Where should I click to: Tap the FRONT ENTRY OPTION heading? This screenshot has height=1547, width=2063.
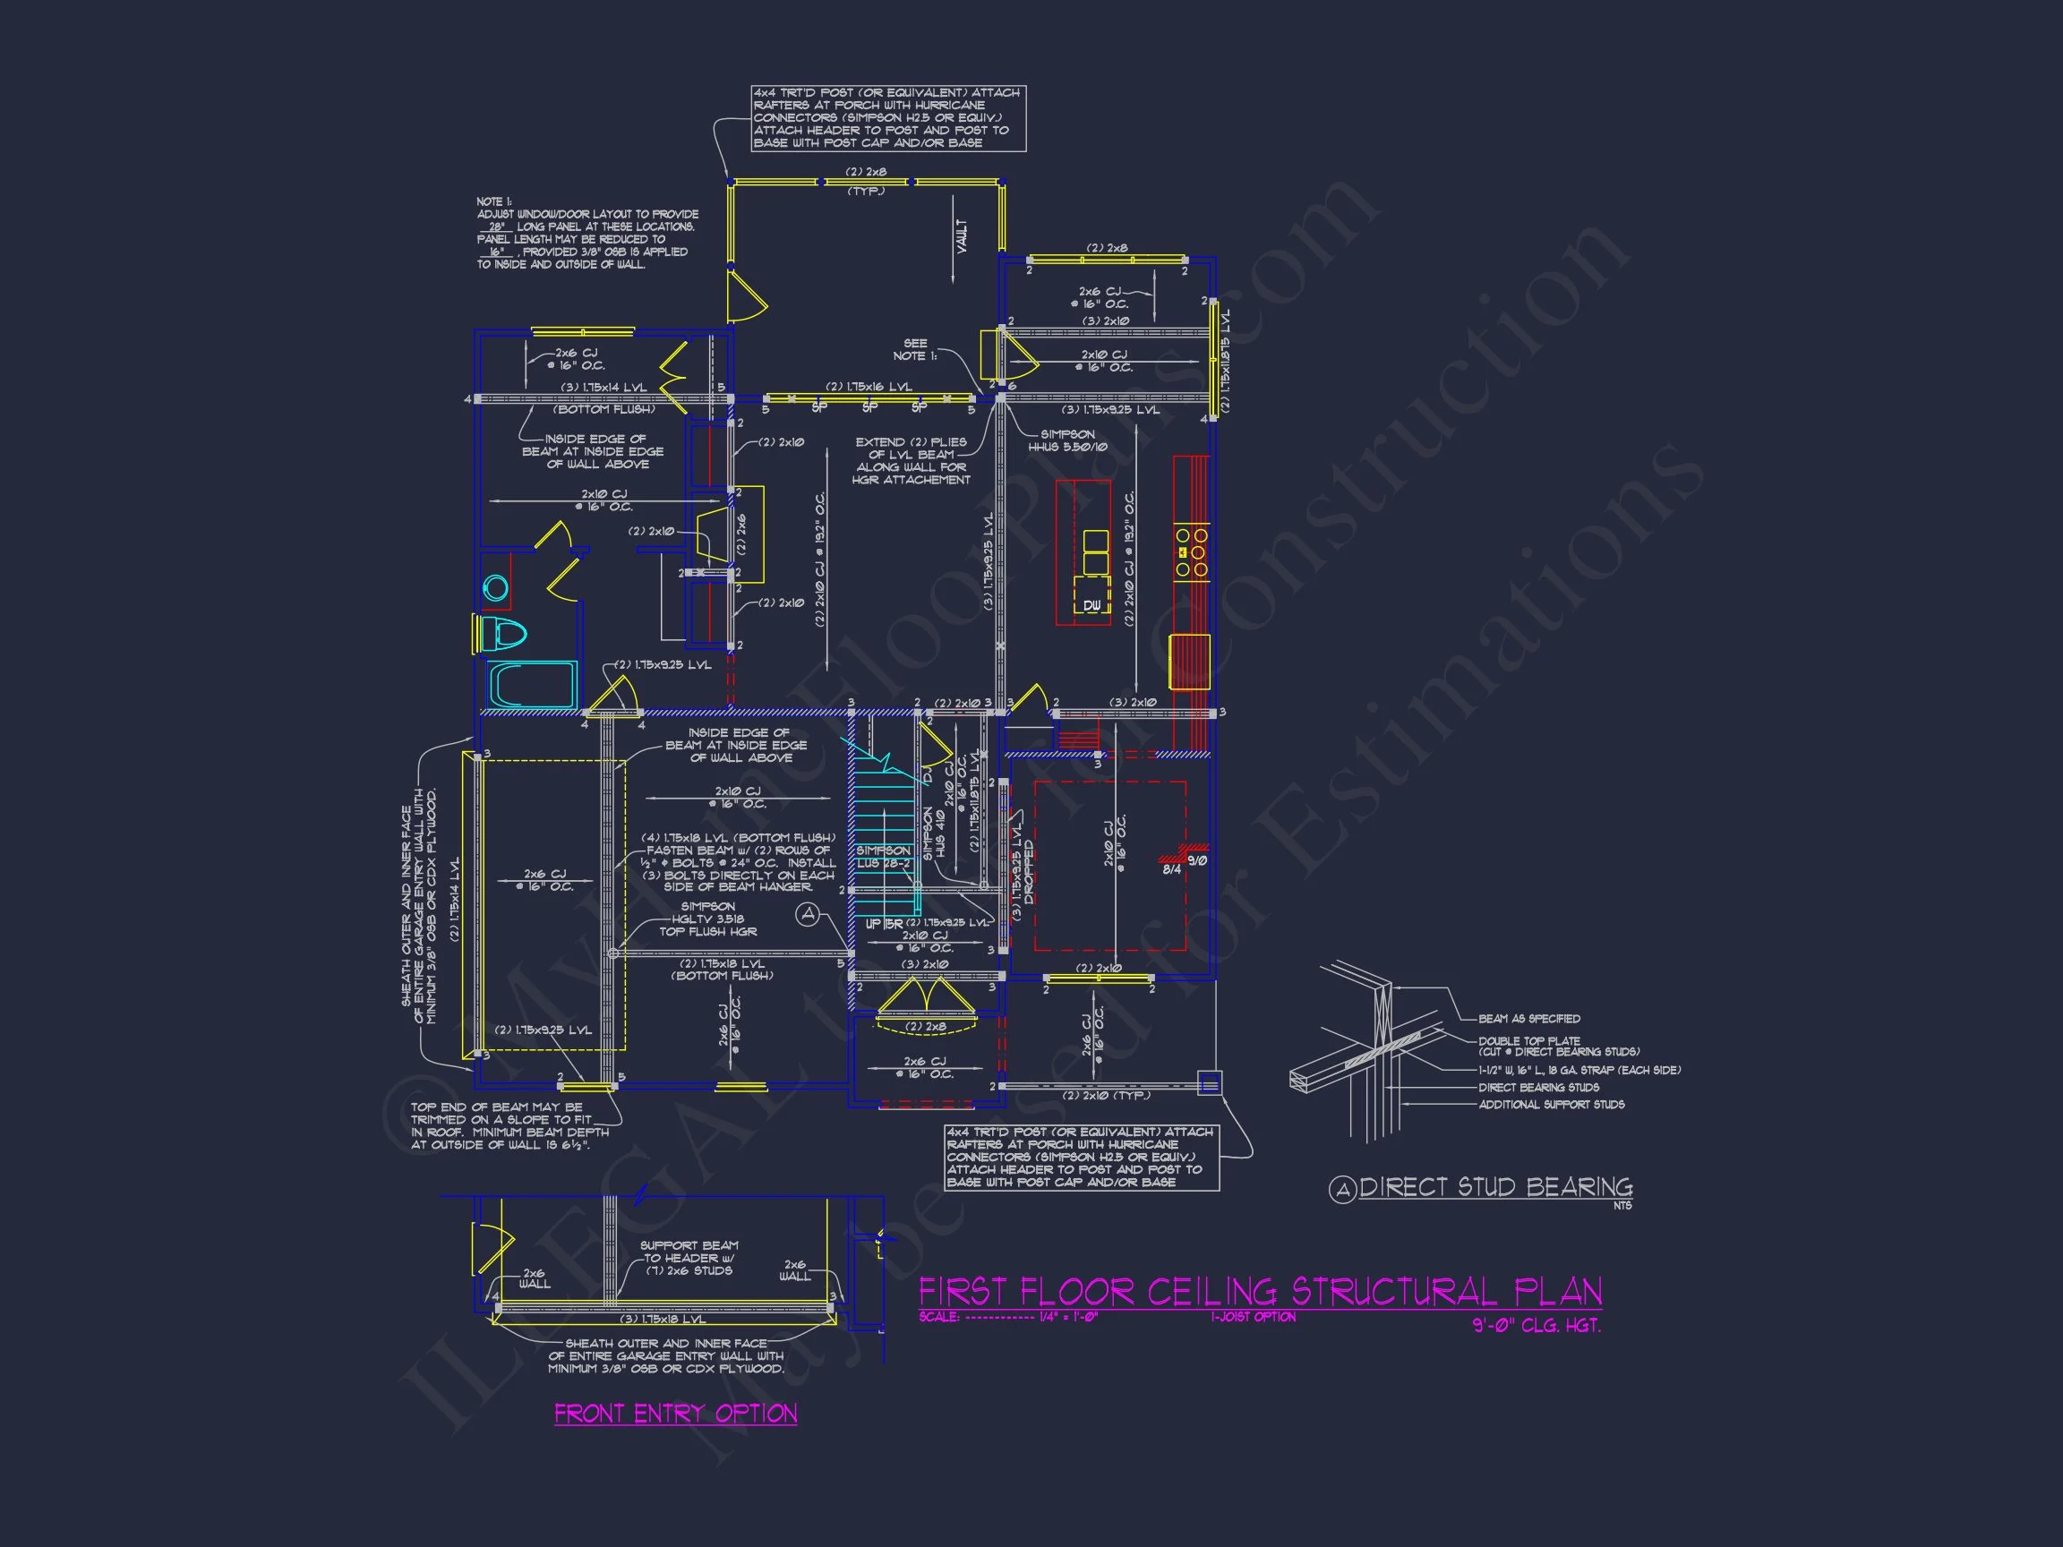pyautogui.click(x=675, y=1414)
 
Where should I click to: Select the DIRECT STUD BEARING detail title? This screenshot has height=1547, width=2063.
pyautogui.click(x=1495, y=1187)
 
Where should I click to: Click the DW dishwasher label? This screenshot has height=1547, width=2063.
pyautogui.click(x=1092, y=605)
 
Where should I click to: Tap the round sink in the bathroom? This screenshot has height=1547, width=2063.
pyautogui.click(x=495, y=587)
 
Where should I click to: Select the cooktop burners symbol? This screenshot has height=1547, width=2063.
pyautogui.click(x=1192, y=552)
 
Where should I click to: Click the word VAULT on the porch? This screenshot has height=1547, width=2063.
pyautogui.click(x=962, y=236)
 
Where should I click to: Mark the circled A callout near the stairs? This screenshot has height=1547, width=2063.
pyautogui.click(x=808, y=915)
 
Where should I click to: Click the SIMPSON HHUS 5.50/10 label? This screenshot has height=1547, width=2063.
pyautogui.click(x=1067, y=440)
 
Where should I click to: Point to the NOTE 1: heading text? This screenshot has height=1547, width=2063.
pyautogui.click(x=493, y=201)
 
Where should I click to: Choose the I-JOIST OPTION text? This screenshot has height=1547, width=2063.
pyautogui.click(x=1253, y=1317)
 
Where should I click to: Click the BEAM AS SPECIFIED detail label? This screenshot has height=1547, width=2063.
pyautogui.click(x=1528, y=1018)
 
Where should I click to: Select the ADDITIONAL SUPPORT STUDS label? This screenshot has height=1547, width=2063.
pyautogui.click(x=1551, y=1104)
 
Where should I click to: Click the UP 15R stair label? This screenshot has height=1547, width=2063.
pyautogui.click(x=883, y=924)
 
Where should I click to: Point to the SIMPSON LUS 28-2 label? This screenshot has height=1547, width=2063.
pyautogui.click(x=882, y=857)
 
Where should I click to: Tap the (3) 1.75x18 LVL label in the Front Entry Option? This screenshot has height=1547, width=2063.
pyautogui.click(x=663, y=1319)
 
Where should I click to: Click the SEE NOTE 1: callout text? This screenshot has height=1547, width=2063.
pyautogui.click(x=915, y=350)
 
